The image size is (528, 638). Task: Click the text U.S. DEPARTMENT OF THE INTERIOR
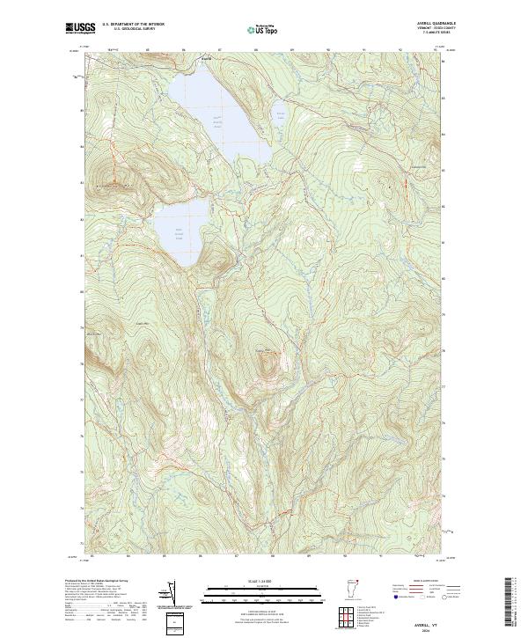[x=133, y=24]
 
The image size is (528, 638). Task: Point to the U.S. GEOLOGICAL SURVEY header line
[x=133, y=28]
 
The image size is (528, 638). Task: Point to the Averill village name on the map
[x=207, y=59]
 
